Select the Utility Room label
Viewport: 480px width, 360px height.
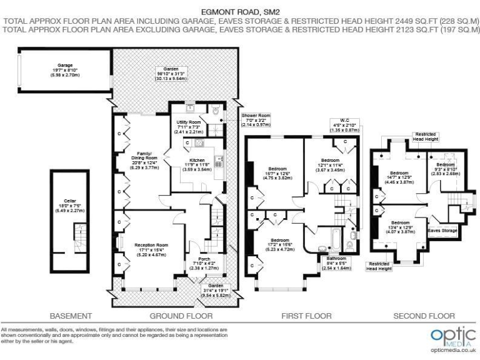click(x=187, y=122)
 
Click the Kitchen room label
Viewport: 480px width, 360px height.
click(x=197, y=160)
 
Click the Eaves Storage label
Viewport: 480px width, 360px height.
click(x=442, y=230)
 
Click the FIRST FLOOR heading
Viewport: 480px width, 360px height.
click(x=307, y=316)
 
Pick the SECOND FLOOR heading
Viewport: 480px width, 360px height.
click(x=424, y=316)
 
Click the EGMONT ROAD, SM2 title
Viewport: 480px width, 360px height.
click(x=239, y=11)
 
